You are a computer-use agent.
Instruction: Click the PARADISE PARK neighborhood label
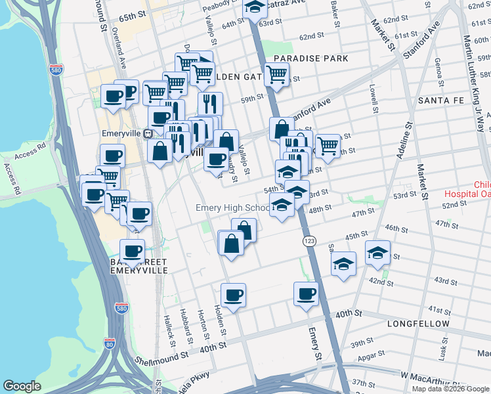310,59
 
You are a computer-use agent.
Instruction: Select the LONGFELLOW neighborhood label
419,324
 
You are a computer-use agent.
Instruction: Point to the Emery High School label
233,208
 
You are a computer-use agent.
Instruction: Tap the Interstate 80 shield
110,343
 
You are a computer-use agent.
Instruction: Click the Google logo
22,386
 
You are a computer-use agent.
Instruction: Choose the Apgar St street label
372,357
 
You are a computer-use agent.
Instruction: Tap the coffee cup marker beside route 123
306,294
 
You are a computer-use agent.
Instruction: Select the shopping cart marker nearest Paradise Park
276,75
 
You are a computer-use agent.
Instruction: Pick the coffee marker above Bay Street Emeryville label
132,250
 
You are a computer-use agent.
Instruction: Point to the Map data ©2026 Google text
450,388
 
